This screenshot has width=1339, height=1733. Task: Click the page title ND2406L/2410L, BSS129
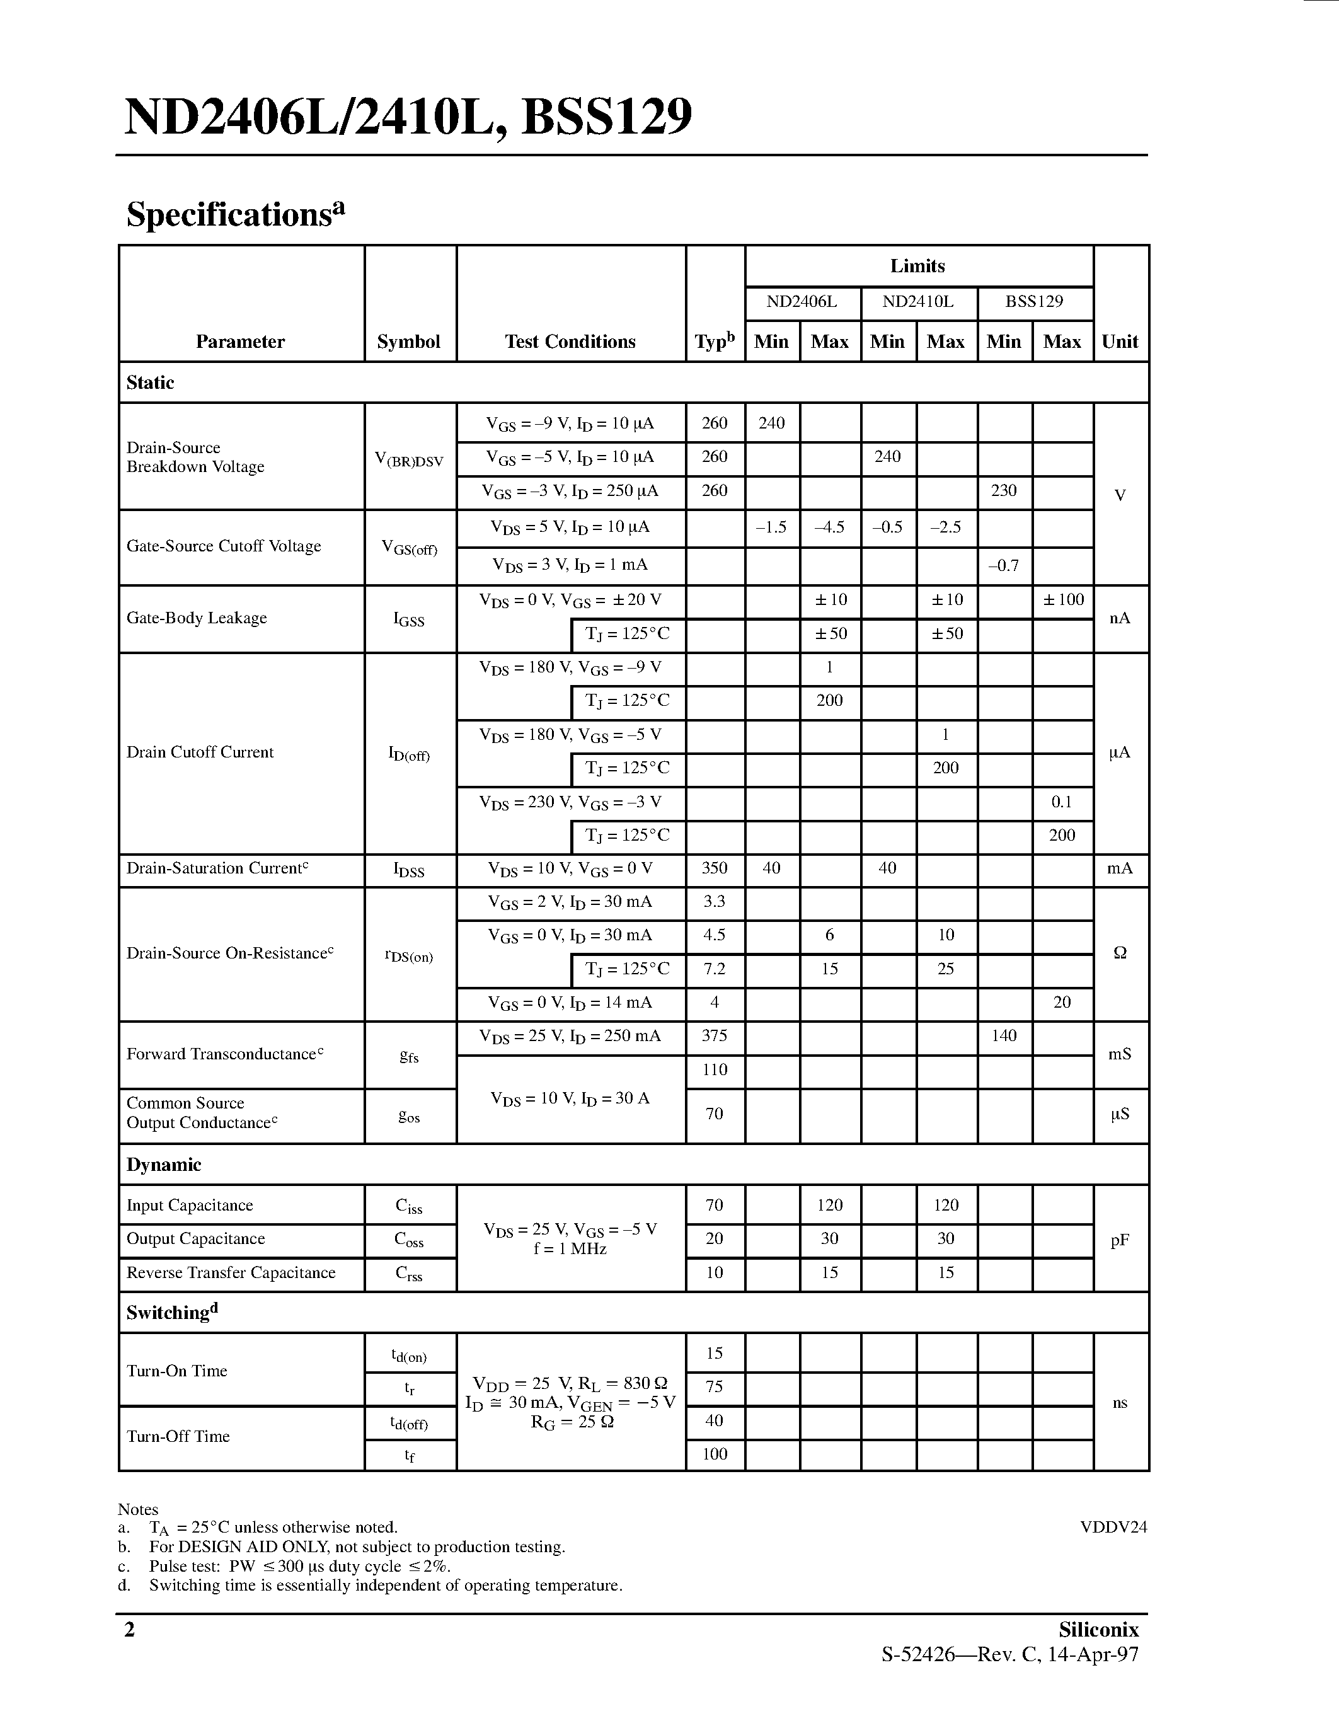[x=408, y=117]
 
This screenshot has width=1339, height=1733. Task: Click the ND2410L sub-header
[x=918, y=301]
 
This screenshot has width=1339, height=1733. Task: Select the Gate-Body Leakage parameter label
[x=197, y=618]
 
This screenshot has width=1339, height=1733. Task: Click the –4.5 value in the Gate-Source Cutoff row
[x=829, y=527]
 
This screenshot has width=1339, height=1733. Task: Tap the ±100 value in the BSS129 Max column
[x=1062, y=599]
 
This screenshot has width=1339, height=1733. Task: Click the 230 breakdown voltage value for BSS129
[x=1003, y=490]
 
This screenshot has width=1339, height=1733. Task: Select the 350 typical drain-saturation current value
[x=714, y=868]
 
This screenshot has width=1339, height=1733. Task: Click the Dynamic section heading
[x=163, y=1164]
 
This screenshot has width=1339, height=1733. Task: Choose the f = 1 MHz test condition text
[x=570, y=1249]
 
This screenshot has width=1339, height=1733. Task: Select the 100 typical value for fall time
[x=714, y=1453]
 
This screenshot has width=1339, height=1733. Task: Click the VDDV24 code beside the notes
[x=1113, y=1527]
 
